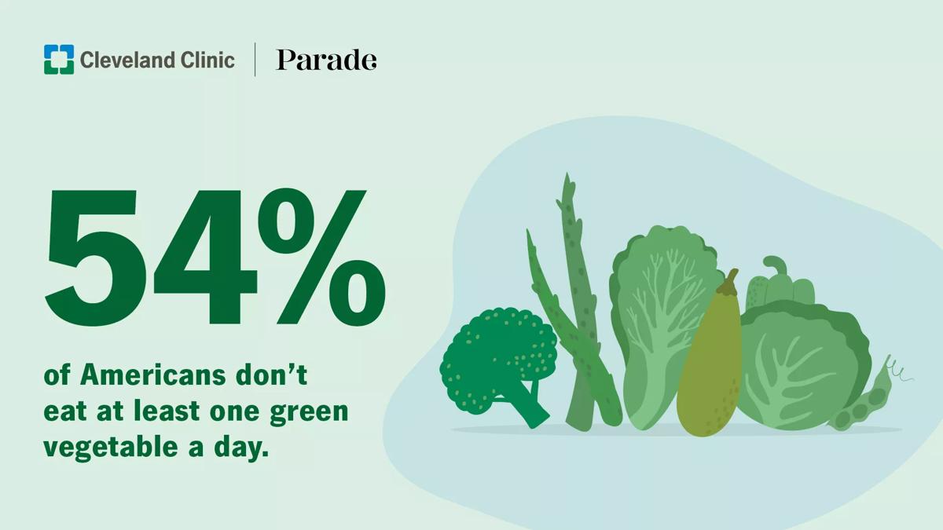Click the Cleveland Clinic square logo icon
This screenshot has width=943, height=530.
point(59,60)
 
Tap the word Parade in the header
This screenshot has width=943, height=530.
point(326,60)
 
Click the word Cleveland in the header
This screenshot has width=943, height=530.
point(128,60)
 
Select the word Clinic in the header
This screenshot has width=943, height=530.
point(207,60)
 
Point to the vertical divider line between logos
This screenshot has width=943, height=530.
point(255,60)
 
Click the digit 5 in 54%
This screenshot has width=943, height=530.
point(91,257)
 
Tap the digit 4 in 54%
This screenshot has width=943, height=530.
point(205,257)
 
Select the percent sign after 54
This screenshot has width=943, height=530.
point(321,257)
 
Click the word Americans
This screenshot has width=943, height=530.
point(153,375)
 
